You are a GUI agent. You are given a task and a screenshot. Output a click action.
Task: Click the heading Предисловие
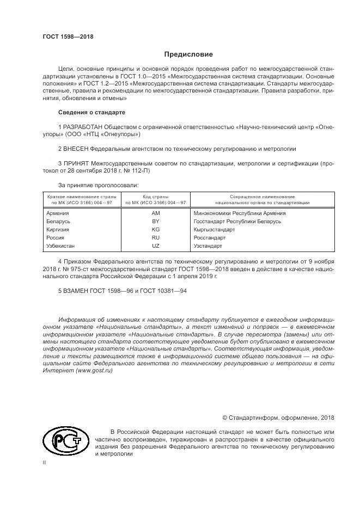coord(189,54)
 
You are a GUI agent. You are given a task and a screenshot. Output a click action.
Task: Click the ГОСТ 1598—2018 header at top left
coord(68,36)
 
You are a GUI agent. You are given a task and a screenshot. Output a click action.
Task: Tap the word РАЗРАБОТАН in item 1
coord(82,127)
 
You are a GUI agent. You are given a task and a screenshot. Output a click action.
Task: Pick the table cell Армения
coord(58,213)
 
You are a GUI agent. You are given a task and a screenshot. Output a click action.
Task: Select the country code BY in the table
coord(155,222)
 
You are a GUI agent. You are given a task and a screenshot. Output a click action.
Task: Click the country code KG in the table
coord(155,230)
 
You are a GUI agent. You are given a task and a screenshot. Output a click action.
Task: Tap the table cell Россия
coord(56,238)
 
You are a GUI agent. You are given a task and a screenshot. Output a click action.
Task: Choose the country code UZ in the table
coord(155,246)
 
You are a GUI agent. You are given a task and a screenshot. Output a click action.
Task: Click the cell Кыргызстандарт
coord(214,230)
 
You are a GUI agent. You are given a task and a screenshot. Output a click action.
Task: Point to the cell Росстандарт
coord(210,238)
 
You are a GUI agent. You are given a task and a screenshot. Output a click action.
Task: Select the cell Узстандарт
coord(208,246)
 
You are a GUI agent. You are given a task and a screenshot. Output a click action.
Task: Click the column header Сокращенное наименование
coord(262,196)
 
